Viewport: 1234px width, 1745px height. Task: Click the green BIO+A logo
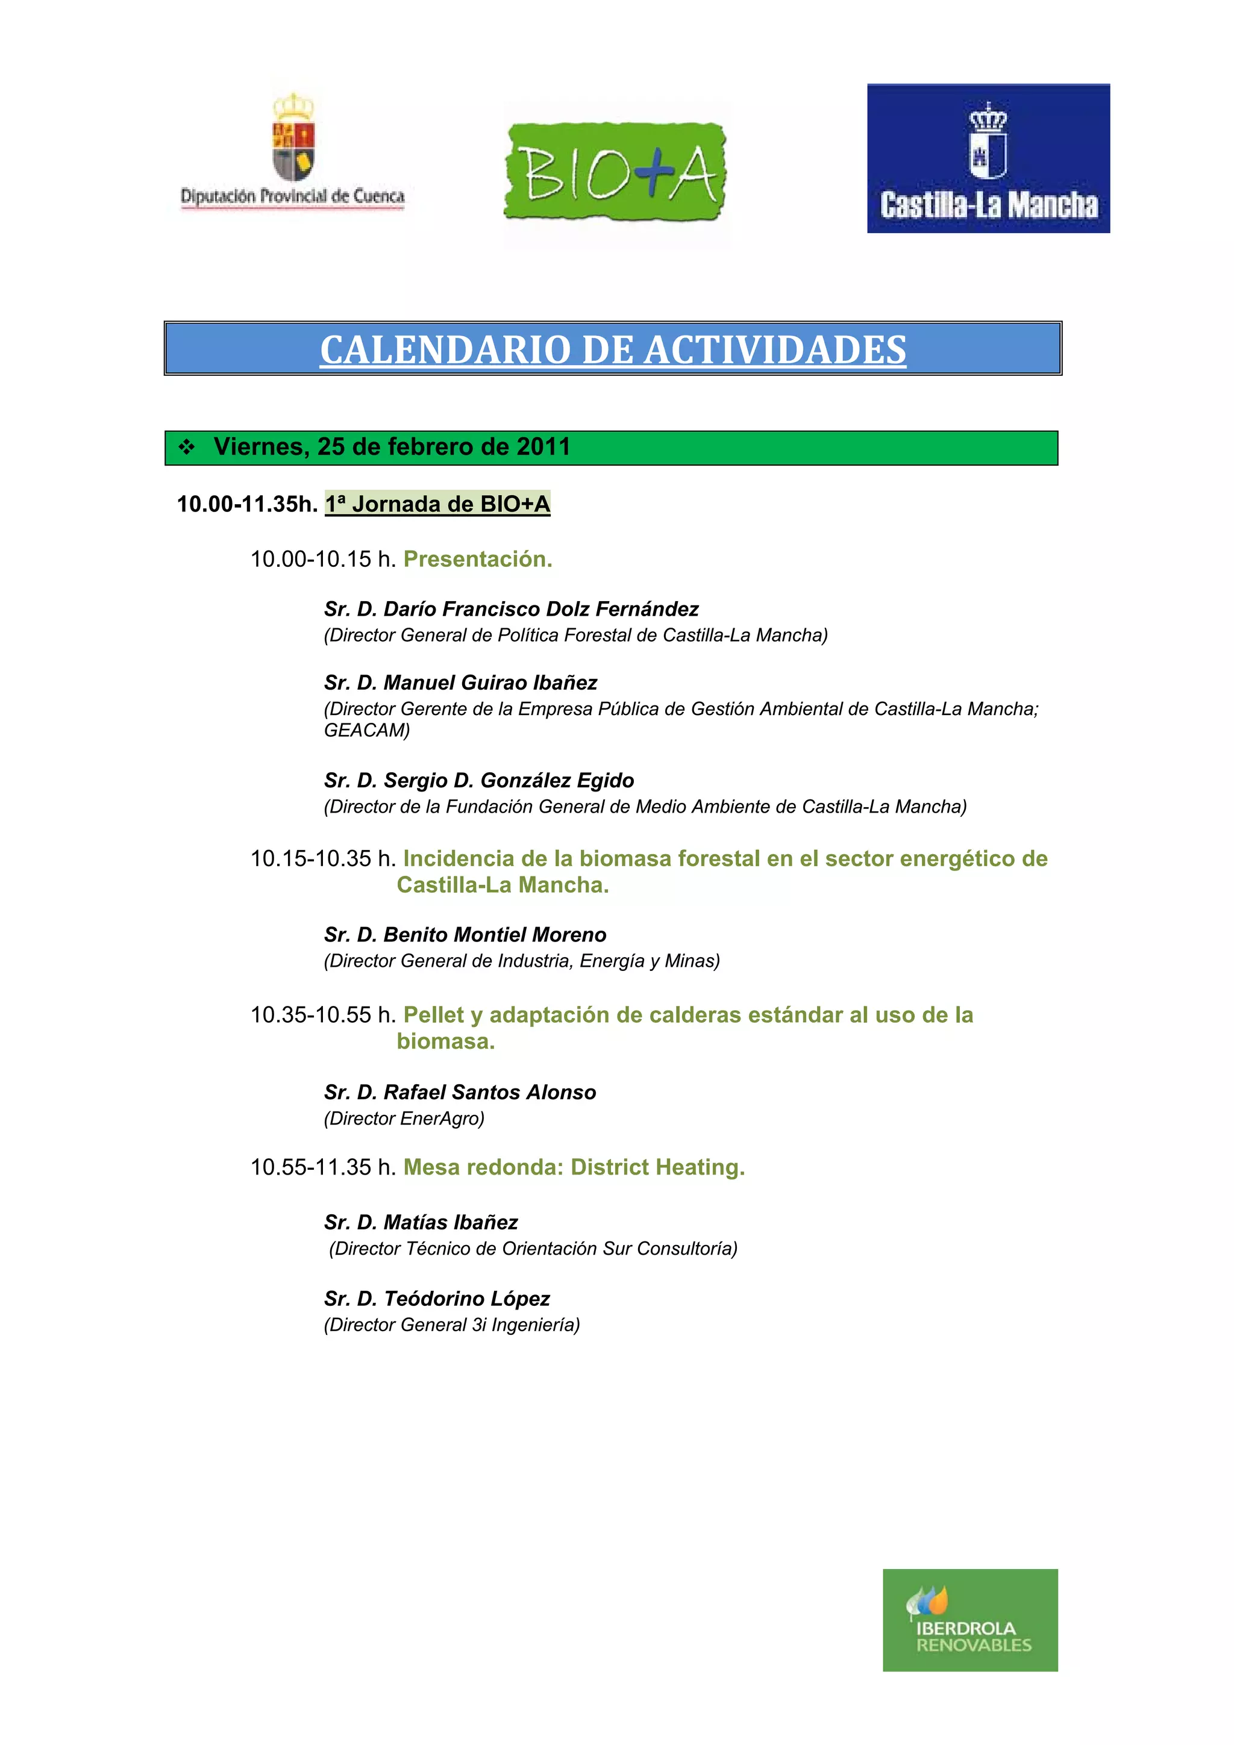pyautogui.click(x=615, y=172)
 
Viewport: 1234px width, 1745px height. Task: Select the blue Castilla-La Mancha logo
pyautogui.click(x=988, y=158)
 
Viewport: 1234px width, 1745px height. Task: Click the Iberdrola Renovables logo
pyautogui.click(x=969, y=1620)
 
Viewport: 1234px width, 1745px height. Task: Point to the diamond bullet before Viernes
pyautogui.click(x=186, y=448)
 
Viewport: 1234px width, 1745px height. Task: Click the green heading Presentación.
pyautogui.click(x=477, y=560)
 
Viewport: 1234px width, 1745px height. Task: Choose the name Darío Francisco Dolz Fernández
pyautogui.click(x=540, y=609)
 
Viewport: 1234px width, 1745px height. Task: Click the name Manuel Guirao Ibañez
pyautogui.click(x=490, y=682)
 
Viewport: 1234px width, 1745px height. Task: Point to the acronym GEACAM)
pyautogui.click(x=366, y=731)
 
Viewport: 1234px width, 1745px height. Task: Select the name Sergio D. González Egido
pyautogui.click(x=508, y=781)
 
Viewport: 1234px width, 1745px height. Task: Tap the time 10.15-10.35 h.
pyautogui.click(x=323, y=859)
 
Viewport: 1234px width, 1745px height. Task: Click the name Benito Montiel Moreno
pyautogui.click(x=494, y=935)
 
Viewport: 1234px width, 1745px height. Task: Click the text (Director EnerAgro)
pyautogui.click(x=404, y=1118)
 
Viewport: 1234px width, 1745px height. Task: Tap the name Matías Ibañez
pyautogui.click(x=450, y=1222)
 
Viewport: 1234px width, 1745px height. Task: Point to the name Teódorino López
pyautogui.click(x=466, y=1298)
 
